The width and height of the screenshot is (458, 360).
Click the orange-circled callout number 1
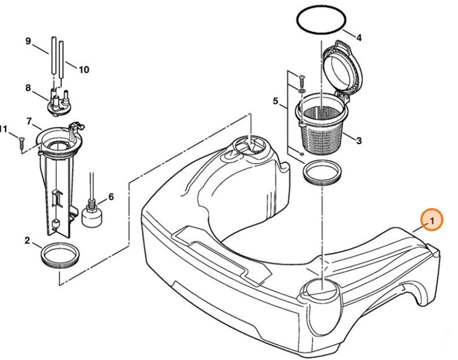[432, 220]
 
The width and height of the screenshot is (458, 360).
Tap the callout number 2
[28, 240]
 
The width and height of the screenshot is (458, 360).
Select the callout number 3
[359, 140]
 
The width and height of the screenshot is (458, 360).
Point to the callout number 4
[359, 37]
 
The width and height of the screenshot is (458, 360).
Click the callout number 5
[276, 100]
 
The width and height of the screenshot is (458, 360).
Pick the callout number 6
[111, 197]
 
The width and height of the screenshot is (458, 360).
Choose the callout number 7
[28, 120]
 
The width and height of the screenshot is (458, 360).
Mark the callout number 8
[28, 88]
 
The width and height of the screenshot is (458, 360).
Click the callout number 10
[84, 69]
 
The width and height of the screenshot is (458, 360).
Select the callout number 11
[4, 129]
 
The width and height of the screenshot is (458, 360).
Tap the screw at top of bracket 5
[301, 79]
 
